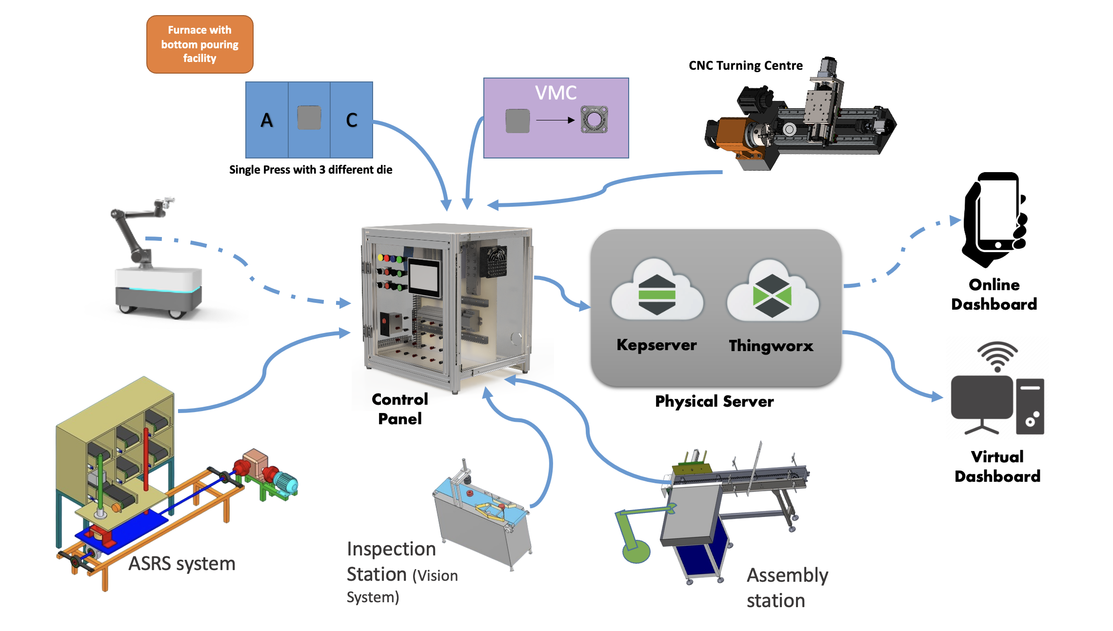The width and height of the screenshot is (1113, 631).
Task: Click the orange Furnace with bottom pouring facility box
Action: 199,44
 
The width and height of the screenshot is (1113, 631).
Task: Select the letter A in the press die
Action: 266,120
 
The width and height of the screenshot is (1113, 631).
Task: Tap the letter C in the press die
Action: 352,120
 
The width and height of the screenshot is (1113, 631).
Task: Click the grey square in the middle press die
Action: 309,118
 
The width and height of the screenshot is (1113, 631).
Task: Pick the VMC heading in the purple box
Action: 556,93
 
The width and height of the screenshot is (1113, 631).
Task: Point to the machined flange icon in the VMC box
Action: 594,119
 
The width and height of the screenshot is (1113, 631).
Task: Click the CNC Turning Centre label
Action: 745,65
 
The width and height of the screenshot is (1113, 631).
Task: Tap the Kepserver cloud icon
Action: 656,293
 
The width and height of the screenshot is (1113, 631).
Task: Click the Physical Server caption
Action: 714,401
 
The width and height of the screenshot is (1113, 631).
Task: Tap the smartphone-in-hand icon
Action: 994,219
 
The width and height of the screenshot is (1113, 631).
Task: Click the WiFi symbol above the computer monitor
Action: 997,356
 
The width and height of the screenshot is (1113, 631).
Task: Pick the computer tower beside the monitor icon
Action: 1030,406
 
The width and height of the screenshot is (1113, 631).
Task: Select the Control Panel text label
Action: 400,409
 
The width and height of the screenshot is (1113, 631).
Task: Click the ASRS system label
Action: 182,564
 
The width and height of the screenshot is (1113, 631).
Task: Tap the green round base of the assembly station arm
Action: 636,552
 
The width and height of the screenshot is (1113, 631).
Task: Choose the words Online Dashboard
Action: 994,295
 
